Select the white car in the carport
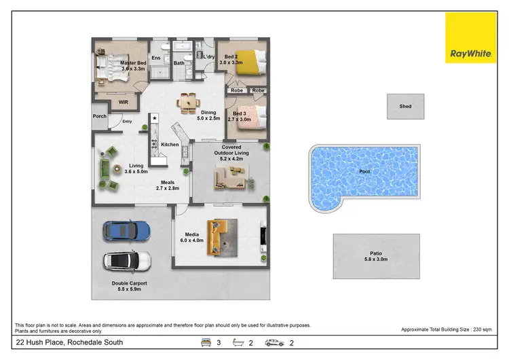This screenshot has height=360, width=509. click(x=127, y=261)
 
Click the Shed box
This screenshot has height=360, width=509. click(x=405, y=106)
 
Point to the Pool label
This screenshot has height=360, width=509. click(x=364, y=172)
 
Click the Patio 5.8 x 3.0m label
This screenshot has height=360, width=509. click(x=366, y=256)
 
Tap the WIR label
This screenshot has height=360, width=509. click(x=123, y=103)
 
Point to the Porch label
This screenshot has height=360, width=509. click(x=100, y=116)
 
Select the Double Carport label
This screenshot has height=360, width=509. click(x=129, y=286)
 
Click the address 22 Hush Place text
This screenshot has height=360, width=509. click(x=60, y=342)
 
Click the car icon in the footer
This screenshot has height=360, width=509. click(x=275, y=343)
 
